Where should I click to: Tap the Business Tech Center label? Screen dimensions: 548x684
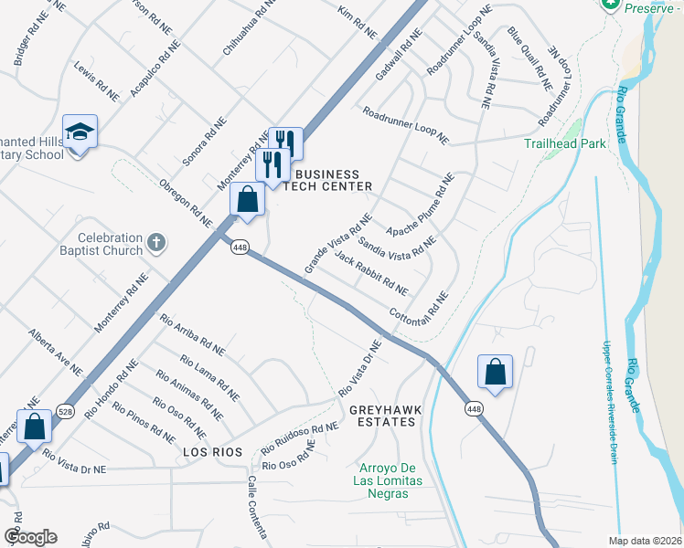(x=326, y=180)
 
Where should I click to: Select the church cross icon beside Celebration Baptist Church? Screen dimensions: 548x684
(x=157, y=244)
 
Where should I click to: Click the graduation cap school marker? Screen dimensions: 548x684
(x=80, y=132)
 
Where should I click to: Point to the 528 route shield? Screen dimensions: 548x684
(x=64, y=410)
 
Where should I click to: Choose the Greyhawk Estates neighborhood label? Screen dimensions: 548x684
(x=385, y=416)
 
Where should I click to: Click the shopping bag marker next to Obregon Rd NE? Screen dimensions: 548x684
(x=248, y=199)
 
